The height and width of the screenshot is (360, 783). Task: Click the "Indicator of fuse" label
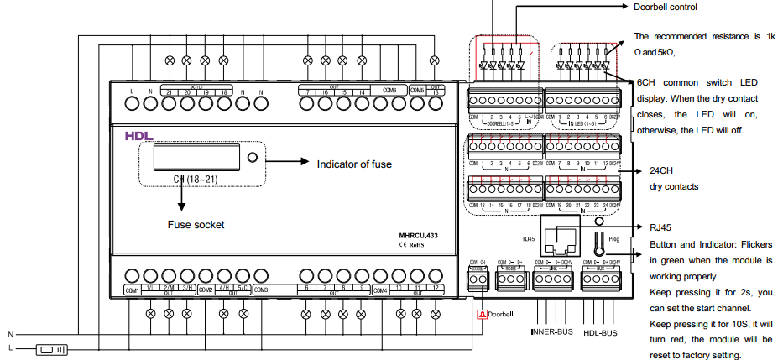[x=353, y=164]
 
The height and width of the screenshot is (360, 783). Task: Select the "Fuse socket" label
[x=196, y=225]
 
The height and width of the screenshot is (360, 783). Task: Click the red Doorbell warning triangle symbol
[x=482, y=315]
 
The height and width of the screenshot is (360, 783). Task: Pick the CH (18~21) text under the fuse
[x=196, y=179]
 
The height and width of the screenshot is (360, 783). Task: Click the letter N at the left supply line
[x=11, y=333]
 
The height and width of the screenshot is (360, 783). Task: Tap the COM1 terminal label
[x=132, y=290]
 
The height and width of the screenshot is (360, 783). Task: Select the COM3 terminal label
[x=260, y=290]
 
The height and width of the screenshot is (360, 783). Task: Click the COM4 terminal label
[x=379, y=290]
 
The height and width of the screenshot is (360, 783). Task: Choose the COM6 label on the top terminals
[x=389, y=90]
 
